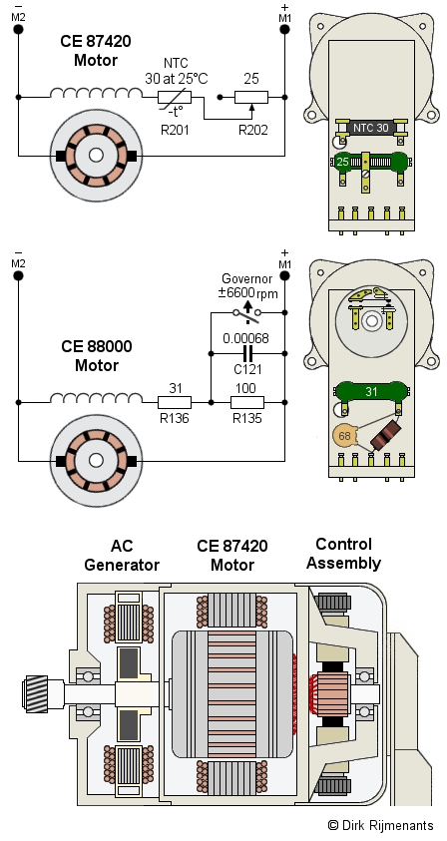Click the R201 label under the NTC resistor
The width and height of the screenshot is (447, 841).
click(175, 130)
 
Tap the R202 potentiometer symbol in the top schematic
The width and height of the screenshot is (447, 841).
click(251, 98)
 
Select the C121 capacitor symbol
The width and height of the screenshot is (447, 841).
click(247, 353)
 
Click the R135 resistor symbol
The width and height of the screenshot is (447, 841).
click(247, 402)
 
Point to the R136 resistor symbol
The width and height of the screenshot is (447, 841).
click(175, 402)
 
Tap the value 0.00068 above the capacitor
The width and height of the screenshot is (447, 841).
click(245, 338)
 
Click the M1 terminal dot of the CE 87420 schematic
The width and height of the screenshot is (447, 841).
click(284, 29)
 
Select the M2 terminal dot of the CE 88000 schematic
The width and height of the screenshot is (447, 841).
click(18, 275)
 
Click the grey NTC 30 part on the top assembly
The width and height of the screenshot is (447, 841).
click(371, 128)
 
